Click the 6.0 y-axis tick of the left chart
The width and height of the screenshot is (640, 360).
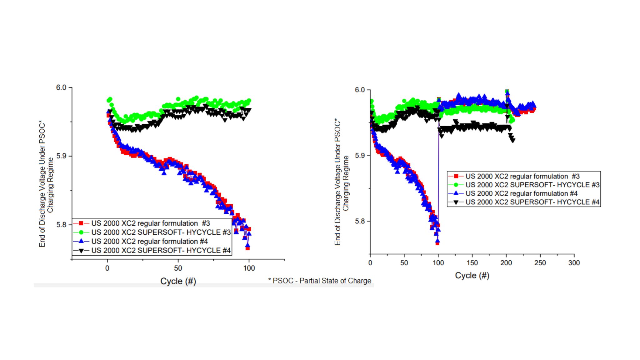[61, 87]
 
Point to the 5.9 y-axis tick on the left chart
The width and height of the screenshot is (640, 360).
[61, 156]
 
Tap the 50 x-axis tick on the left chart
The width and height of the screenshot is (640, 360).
[178, 268]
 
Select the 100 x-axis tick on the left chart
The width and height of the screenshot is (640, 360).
[249, 268]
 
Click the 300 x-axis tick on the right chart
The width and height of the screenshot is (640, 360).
[574, 263]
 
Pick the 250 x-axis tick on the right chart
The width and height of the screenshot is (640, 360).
[540, 263]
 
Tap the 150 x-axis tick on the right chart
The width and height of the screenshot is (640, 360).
[472, 263]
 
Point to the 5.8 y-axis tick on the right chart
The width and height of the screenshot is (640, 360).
[360, 221]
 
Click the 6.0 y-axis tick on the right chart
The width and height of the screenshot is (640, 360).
[360, 90]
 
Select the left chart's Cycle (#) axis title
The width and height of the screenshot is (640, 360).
[178, 281]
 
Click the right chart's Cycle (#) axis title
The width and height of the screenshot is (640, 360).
[472, 276]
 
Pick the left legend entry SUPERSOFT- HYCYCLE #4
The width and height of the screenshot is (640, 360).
[161, 251]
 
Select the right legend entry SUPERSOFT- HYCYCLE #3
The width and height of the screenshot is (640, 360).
[532, 185]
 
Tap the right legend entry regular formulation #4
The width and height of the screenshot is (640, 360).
[522, 194]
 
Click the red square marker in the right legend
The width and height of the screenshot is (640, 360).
[456, 177]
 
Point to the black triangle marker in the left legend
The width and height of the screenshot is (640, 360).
[81, 251]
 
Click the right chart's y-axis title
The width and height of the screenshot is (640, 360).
[342, 182]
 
